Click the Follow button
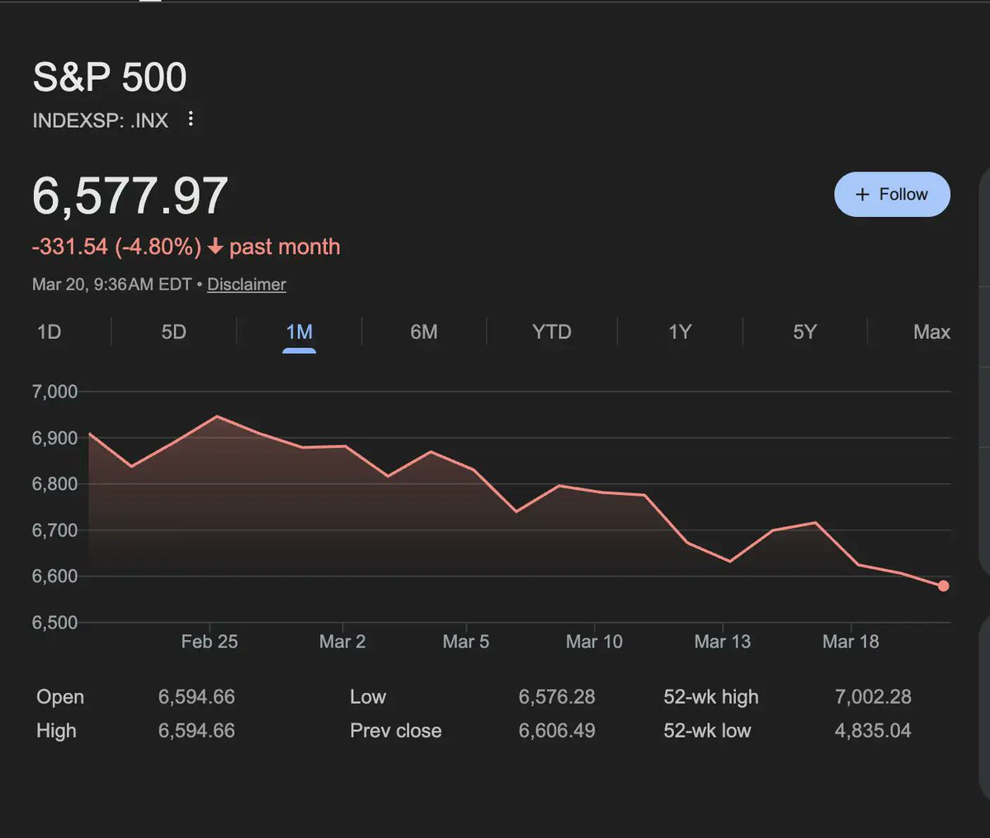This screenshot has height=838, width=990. tap(892, 195)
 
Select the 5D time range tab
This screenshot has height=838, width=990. tap(173, 332)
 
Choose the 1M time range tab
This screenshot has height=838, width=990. tap(299, 332)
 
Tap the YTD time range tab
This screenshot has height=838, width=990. tap(551, 332)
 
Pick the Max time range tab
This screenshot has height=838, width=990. tap(931, 332)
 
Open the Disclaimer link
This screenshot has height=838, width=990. tap(246, 285)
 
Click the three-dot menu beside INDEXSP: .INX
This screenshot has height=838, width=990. tap(191, 119)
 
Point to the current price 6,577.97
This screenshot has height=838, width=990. tap(130, 196)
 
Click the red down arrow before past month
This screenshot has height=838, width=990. tap(215, 247)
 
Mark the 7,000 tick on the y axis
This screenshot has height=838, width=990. tap(54, 392)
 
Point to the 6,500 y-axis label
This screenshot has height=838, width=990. tap(54, 623)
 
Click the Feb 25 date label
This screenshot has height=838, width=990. tap(210, 642)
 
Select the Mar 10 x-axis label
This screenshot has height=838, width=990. tap(594, 642)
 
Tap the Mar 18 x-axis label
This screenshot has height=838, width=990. tap(851, 642)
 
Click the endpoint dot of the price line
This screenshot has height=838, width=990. tap(943, 586)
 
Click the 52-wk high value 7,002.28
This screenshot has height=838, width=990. tap(873, 697)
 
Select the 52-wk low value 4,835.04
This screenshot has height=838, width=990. tap(873, 731)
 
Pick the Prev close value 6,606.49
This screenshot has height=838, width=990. tap(557, 731)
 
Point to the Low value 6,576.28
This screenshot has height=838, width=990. tap(557, 697)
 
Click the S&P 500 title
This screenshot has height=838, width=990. tap(110, 78)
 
